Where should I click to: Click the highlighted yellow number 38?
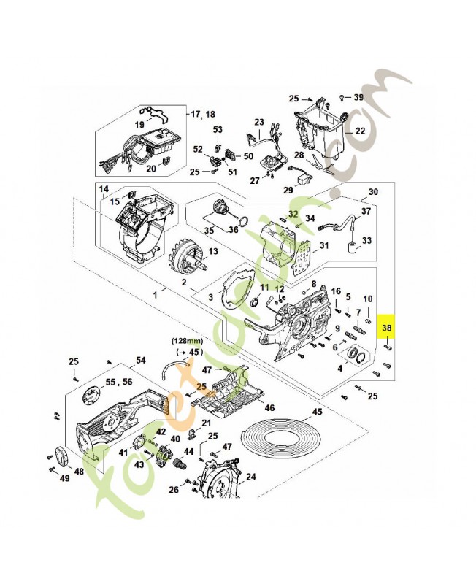pos(387,328)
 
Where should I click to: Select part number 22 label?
pos(359,131)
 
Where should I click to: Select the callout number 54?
pos(141,361)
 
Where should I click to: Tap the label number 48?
pos(78,471)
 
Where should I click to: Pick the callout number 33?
pos(366,240)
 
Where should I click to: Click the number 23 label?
pos(258,122)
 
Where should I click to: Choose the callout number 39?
pos(358,97)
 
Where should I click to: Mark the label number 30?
pos(373,192)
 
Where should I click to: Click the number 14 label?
pos(104,189)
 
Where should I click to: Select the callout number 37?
pos(366,212)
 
